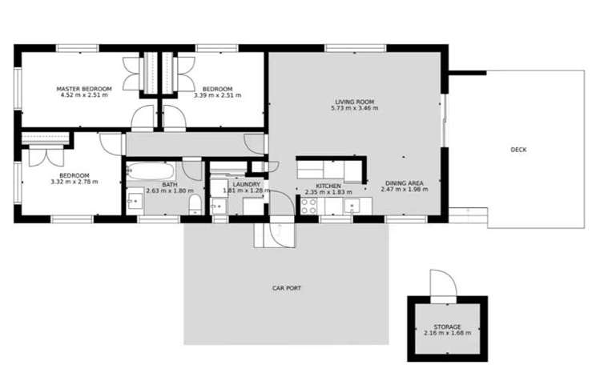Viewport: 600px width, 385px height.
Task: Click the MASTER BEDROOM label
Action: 83,88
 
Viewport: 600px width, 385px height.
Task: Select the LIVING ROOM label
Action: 354,102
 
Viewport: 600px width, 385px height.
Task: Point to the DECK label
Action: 518,149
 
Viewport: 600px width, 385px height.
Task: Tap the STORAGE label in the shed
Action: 447,327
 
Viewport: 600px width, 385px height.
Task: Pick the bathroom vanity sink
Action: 135,200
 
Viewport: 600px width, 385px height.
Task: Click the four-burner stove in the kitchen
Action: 308,206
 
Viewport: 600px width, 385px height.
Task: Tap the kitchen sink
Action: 352,206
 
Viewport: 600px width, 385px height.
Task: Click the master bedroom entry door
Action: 143,118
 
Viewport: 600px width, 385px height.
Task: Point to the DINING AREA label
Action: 404,183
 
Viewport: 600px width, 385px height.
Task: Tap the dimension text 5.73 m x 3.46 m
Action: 354,108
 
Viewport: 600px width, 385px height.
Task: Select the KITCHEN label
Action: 328,186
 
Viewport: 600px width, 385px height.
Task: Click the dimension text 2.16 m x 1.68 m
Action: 447,333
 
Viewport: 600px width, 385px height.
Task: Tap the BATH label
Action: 169,162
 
